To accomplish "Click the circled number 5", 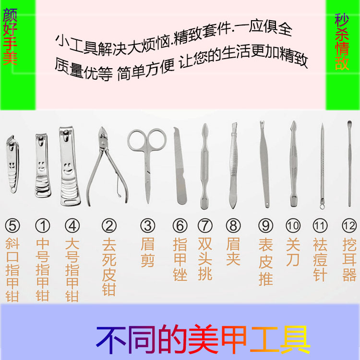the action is pos(12,226).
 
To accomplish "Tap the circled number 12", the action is pos(349,226).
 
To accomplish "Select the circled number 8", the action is pos(233,226).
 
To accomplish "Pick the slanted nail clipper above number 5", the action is pos(12,164).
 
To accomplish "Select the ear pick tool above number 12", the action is pos(349,164).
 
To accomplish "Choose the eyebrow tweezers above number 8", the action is pos(233,165).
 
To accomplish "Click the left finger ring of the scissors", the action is pos(137,140).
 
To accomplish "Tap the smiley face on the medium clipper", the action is pos(42,166).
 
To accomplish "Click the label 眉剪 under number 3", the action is pos(147,252).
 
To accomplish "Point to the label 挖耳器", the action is pos(349,259).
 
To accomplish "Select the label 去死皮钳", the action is pos(109,267).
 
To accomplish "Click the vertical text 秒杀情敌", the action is pos(342,42).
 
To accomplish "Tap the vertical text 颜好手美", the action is pos(10,37).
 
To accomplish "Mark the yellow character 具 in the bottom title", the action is pos(295,339).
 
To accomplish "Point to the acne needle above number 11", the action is pos(322,166).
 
